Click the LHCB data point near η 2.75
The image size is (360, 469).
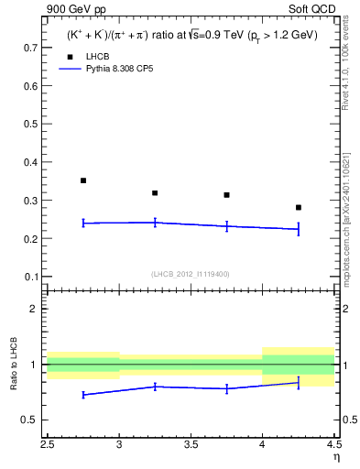point(83,180)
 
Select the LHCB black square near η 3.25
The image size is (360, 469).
point(155,192)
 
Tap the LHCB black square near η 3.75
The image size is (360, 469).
point(226,195)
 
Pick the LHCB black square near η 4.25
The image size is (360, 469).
point(299,207)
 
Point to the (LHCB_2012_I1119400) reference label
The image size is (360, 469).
point(190,274)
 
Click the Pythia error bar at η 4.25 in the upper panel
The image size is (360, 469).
point(299,229)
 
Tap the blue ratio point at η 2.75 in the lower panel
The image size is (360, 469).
point(83,395)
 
